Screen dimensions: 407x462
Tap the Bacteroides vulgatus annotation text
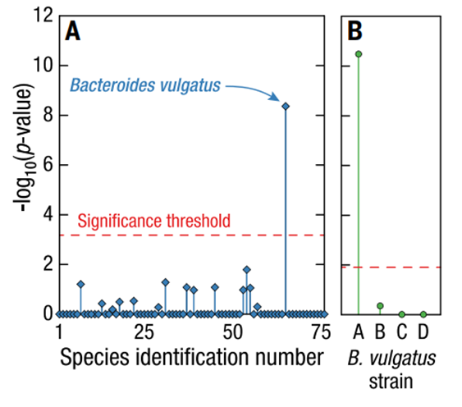coord(144,85)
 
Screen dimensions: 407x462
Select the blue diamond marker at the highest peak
coord(286,106)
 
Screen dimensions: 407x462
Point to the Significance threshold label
coord(153,222)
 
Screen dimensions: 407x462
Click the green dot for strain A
coord(359,54)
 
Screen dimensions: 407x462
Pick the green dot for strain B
coord(380,306)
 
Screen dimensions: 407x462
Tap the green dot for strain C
coord(401,314)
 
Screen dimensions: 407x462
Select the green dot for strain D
coord(423,314)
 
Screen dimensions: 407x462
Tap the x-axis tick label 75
coord(320,332)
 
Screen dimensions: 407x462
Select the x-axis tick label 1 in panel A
coord(59,332)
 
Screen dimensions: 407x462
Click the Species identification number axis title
coord(190,358)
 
